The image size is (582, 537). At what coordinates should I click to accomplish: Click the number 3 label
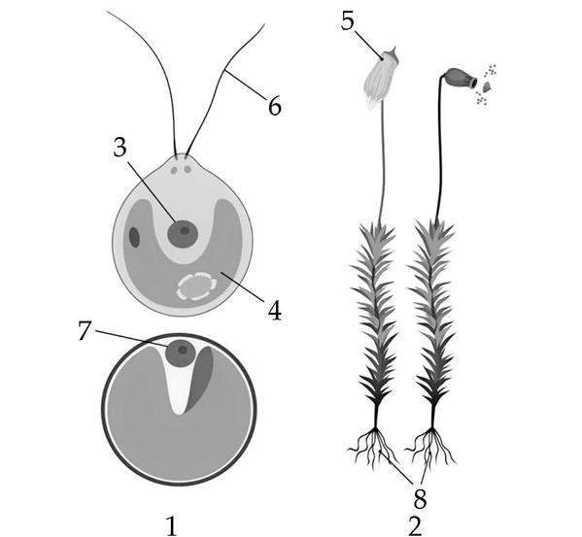[x=120, y=148]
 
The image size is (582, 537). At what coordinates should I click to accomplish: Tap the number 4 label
[x=275, y=310]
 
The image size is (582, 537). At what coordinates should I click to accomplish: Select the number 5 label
[x=348, y=20]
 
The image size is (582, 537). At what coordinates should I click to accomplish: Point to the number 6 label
[x=275, y=106]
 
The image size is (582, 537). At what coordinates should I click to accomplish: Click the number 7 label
[x=85, y=330]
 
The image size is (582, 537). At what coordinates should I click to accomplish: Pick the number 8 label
[x=420, y=499]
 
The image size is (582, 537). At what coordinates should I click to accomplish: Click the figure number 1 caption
[x=171, y=526]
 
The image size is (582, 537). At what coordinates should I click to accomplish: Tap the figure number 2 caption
[x=415, y=526]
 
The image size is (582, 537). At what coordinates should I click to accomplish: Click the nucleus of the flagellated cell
[x=183, y=234]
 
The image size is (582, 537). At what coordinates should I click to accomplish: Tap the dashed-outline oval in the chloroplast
[x=196, y=285]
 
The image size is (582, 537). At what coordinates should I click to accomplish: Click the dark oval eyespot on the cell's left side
[x=134, y=237]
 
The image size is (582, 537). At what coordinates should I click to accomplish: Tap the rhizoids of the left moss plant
[x=373, y=445]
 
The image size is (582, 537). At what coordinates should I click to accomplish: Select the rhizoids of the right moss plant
[x=430, y=445]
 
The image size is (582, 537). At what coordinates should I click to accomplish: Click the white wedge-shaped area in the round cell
[x=180, y=386]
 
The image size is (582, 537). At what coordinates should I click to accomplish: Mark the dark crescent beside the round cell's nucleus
[x=200, y=379]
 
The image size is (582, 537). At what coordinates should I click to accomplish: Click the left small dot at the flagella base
[x=174, y=170]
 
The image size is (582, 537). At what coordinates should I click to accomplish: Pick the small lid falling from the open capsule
[x=487, y=86]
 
